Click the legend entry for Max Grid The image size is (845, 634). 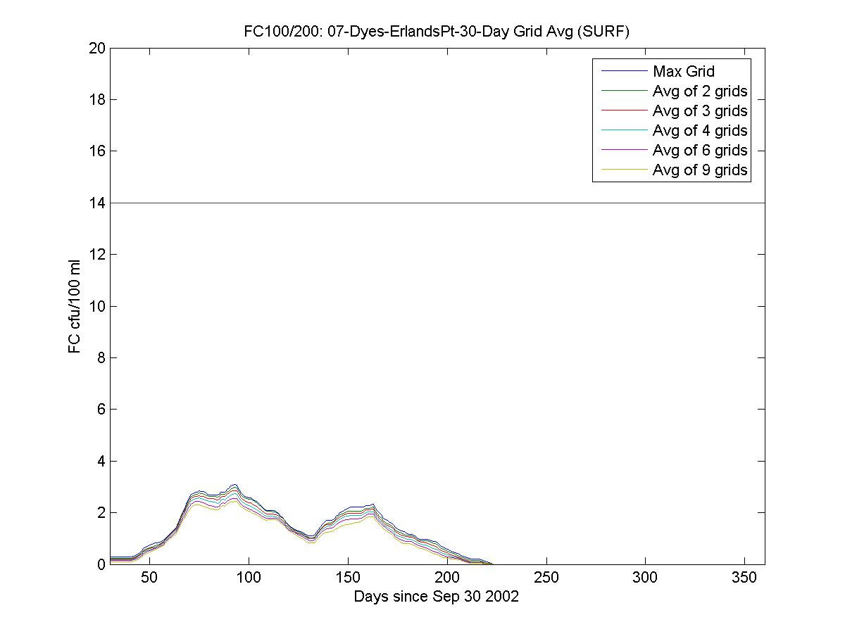tap(683, 71)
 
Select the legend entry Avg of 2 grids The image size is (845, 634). tap(699, 91)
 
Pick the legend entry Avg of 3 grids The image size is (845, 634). tap(699, 110)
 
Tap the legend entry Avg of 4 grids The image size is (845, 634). tap(699, 130)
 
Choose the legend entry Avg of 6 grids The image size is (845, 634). tap(699, 150)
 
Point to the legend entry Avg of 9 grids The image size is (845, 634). tap(699, 170)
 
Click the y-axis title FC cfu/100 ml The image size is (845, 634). tap(75, 306)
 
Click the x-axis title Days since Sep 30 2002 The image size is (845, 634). tap(437, 597)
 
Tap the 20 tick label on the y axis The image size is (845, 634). tap(97, 48)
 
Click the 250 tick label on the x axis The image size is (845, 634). tap(546, 578)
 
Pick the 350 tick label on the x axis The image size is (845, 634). tap(745, 578)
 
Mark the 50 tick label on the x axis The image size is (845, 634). tap(149, 578)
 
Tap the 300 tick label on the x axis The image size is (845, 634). tap(646, 578)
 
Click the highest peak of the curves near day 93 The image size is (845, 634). tap(235, 485)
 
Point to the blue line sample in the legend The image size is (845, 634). tap(623, 71)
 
